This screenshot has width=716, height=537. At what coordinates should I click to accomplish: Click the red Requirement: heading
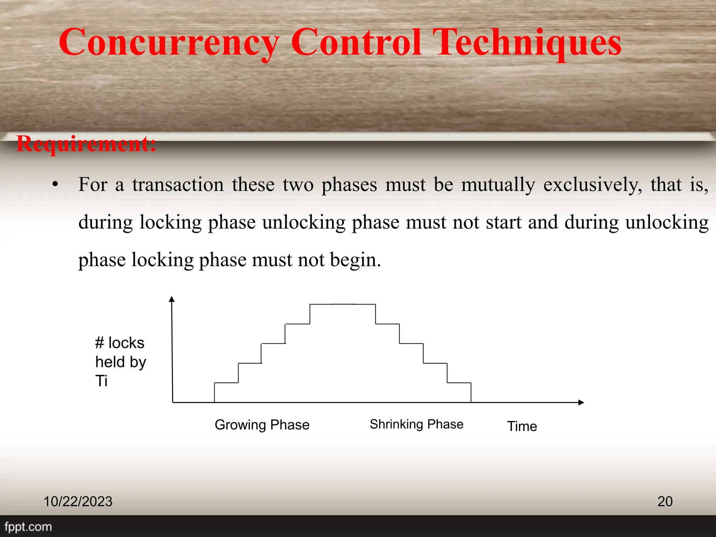[x=86, y=144]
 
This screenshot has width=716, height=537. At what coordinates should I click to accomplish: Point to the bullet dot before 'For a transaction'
[x=55, y=185]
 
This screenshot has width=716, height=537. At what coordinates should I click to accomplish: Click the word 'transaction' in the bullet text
[x=178, y=185]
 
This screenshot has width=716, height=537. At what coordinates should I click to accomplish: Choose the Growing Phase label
[x=262, y=425]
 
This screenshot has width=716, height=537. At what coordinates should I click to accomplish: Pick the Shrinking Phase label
[x=416, y=424]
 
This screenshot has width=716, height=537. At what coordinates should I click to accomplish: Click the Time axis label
[x=522, y=426]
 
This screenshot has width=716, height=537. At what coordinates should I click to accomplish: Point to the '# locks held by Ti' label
[x=120, y=362]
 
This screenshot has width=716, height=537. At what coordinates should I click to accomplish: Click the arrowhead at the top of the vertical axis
[x=171, y=299]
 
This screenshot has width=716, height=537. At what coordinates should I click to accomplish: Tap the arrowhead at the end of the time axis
[x=581, y=402]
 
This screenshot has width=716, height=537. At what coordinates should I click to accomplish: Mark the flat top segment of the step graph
[x=343, y=305]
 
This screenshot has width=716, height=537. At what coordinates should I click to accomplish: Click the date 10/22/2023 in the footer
[x=78, y=501]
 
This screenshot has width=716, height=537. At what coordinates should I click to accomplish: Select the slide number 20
[x=665, y=501]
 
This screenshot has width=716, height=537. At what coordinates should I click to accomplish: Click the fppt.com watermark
[x=28, y=527]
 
